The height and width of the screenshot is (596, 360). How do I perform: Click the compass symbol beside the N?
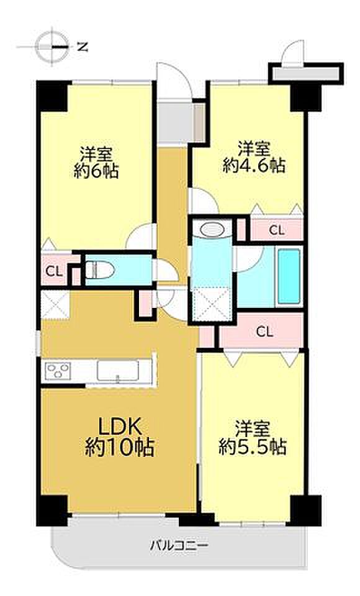(x=53, y=47)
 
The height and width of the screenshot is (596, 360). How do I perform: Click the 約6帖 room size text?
(x=96, y=171)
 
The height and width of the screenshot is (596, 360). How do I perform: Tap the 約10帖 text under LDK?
(x=119, y=448)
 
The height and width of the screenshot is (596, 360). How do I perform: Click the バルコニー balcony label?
(x=179, y=546)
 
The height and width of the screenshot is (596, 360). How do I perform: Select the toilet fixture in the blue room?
(x=99, y=270)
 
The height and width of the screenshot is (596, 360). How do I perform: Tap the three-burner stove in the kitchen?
(x=58, y=371)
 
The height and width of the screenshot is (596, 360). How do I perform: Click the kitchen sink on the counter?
(x=117, y=370)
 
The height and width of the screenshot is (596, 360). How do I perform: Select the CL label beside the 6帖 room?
(x=53, y=271)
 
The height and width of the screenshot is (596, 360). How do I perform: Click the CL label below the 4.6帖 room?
(x=276, y=230)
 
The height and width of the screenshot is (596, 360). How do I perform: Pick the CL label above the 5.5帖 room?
(x=264, y=332)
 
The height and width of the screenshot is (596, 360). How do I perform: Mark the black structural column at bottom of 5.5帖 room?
(x=305, y=510)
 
